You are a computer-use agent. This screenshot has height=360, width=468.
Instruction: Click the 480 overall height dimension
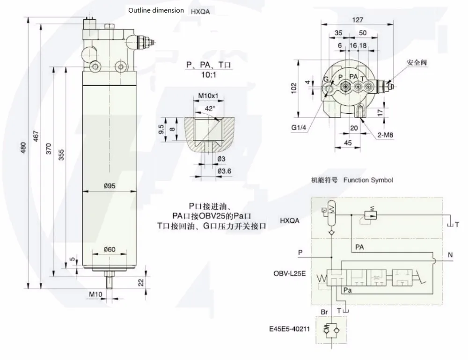coord(23,148)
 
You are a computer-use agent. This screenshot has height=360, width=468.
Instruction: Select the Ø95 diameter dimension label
coord(110,186)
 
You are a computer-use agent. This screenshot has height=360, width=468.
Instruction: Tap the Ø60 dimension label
coord(110,249)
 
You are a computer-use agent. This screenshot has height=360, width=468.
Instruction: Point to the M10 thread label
coord(95,294)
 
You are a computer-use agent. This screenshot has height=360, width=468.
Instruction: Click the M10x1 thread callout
coord(208,96)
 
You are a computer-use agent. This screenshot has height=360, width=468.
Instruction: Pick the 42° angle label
coord(210,109)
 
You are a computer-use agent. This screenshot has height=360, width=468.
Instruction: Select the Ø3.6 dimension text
coord(224,171)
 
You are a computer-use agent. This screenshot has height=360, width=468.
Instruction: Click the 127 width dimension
coord(358,20)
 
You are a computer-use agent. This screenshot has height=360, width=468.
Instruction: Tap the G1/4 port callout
coord(299,128)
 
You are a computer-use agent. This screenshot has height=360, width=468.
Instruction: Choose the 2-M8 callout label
coord(385,135)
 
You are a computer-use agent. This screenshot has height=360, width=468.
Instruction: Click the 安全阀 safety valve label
coord(417,62)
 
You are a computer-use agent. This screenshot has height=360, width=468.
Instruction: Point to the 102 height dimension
coord(294,88)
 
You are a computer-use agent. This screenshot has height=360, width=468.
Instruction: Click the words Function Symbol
coord(368,180)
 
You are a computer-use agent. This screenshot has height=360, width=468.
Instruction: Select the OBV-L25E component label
coord(290,273)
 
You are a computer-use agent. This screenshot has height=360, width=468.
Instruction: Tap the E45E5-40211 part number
coord(290,329)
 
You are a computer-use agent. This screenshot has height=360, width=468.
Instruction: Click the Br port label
coord(324,312)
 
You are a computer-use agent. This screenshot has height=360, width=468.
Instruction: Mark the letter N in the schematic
coord(450,255)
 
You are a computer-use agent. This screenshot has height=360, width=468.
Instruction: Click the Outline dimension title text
coord(156,10)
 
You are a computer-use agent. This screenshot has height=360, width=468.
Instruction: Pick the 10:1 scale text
coord(209,74)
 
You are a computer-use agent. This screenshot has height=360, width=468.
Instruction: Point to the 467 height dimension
coord(36,136)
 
